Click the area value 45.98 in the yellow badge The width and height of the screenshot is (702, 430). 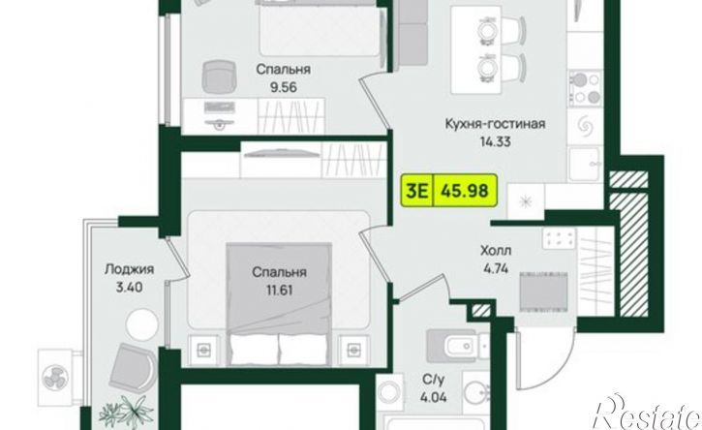click(x=464, y=191)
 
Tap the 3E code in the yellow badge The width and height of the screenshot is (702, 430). click(x=416, y=191)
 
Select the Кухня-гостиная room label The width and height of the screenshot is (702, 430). click(x=495, y=123)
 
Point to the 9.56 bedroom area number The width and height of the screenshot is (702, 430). click(x=283, y=87)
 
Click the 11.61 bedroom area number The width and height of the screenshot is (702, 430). click(x=280, y=291)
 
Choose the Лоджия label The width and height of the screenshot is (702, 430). click(x=129, y=269)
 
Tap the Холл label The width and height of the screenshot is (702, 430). click(x=496, y=251)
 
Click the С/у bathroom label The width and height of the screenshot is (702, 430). click(x=434, y=381)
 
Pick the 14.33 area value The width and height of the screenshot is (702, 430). click(x=495, y=142)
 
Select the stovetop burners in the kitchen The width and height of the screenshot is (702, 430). click(x=586, y=88)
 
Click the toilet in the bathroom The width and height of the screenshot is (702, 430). click(x=458, y=346)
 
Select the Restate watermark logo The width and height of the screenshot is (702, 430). click(x=648, y=413)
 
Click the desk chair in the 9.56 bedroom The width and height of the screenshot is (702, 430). click(x=219, y=77)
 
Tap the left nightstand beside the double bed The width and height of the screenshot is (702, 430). click(x=204, y=348)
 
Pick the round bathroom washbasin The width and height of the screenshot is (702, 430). click(x=476, y=393)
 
